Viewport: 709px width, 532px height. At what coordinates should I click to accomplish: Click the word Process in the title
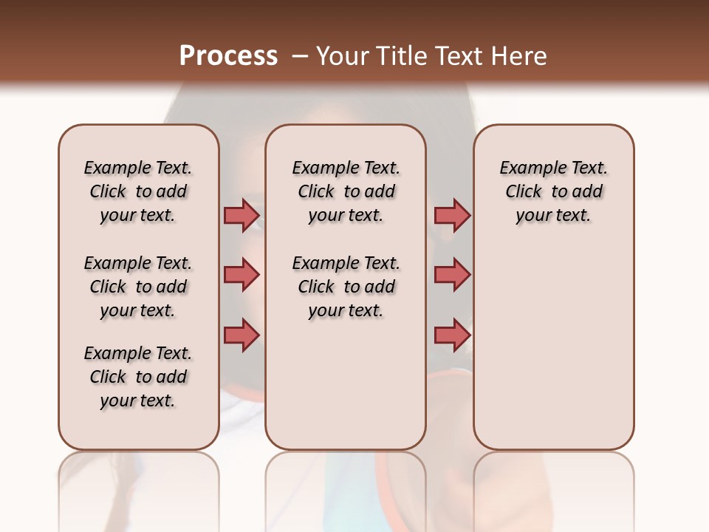point(228,55)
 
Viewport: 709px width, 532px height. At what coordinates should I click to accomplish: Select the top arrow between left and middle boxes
point(242,215)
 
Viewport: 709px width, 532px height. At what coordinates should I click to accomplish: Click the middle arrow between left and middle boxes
point(242,275)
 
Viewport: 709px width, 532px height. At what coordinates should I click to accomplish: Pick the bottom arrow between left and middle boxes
point(242,335)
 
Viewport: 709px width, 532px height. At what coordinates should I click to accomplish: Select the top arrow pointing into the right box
point(452,215)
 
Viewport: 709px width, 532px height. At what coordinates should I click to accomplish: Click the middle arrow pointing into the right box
point(452,275)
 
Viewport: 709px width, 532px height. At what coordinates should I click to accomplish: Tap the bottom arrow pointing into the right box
point(452,335)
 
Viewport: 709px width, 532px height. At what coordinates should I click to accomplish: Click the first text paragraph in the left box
point(138,191)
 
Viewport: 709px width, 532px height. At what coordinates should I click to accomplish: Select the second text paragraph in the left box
point(138,287)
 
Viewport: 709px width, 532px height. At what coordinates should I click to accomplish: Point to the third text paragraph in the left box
point(138,377)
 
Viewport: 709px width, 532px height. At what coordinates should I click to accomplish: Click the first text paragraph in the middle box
point(346,191)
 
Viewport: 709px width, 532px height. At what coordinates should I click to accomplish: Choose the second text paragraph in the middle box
point(346,287)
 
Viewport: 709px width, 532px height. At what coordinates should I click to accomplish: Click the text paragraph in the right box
point(553,191)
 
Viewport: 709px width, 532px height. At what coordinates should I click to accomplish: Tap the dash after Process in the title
point(300,56)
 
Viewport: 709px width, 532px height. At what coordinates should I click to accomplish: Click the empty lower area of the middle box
point(346,384)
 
